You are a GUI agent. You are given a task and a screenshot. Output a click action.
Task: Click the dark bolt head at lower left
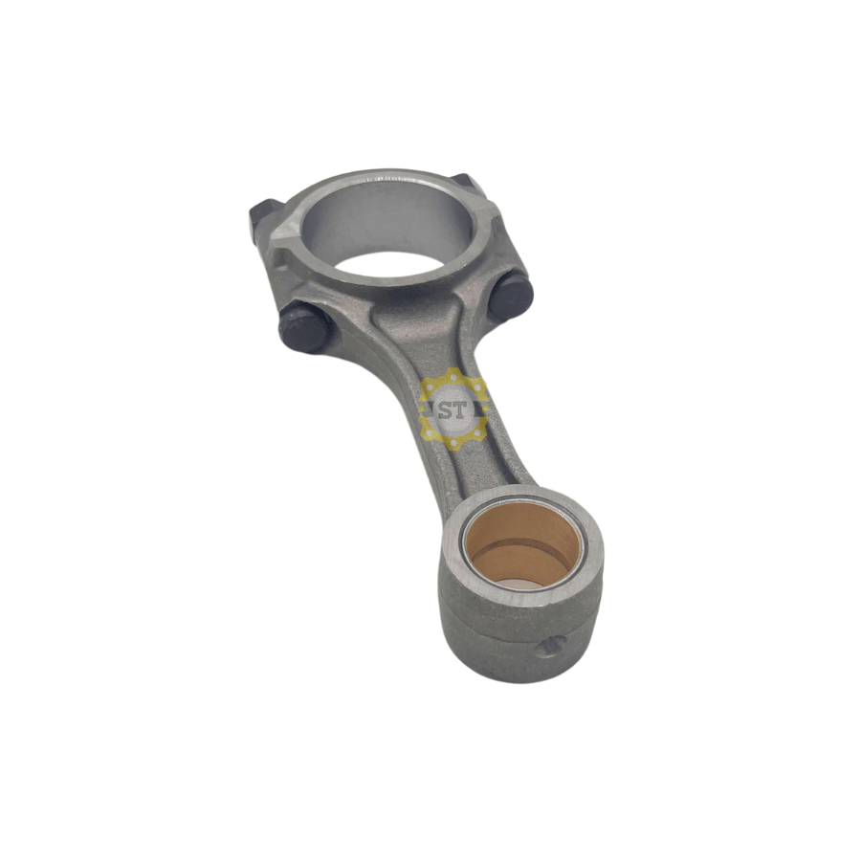click(x=303, y=327)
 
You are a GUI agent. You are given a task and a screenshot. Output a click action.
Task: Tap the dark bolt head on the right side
click(x=511, y=298)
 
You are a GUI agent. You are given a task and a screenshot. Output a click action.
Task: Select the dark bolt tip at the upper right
click(x=469, y=183)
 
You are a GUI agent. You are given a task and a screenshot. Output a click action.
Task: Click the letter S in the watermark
click(x=445, y=410)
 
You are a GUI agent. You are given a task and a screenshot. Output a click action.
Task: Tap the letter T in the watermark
click(x=459, y=410)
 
